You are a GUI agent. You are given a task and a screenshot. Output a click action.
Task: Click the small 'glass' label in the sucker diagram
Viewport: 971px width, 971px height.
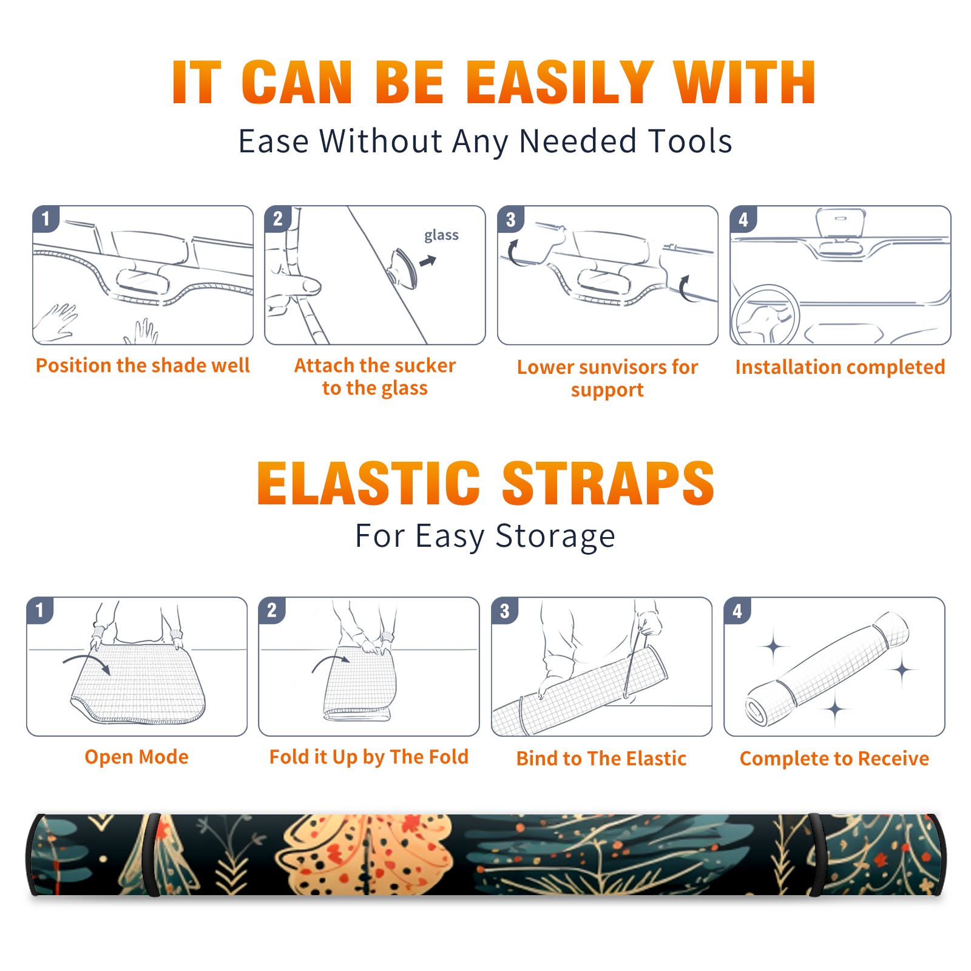pyautogui.click(x=441, y=235)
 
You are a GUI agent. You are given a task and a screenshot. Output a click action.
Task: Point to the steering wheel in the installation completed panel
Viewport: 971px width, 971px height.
pyautogui.click(x=765, y=315)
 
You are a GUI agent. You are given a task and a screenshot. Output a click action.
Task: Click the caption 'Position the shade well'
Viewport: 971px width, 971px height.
pyautogui.click(x=143, y=365)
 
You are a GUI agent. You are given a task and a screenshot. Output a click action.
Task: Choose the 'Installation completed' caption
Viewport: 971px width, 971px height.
pyautogui.click(x=840, y=367)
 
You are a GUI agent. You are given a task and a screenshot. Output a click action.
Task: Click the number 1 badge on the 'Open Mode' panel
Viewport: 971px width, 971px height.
pyautogui.click(x=40, y=611)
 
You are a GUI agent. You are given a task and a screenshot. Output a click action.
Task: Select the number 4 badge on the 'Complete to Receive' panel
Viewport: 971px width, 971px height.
pyautogui.click(x=737, y=611)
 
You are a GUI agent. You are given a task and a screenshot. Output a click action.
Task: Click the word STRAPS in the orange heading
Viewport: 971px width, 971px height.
pyautogui.click(x=608, y=483)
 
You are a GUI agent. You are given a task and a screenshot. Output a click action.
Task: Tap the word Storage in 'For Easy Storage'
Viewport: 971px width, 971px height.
pyautogui.click(x=555, y=536)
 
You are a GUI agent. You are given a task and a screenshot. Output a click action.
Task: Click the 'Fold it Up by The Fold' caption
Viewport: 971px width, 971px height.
pyautogui.click(x=369, y=757)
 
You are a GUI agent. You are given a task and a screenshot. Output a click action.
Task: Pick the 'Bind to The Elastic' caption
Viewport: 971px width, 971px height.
pyautogui.click(x=601, y=758)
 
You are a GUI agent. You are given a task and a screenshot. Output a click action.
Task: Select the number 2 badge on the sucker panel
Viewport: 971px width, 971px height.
pyautogui.click(x=278, y=219)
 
